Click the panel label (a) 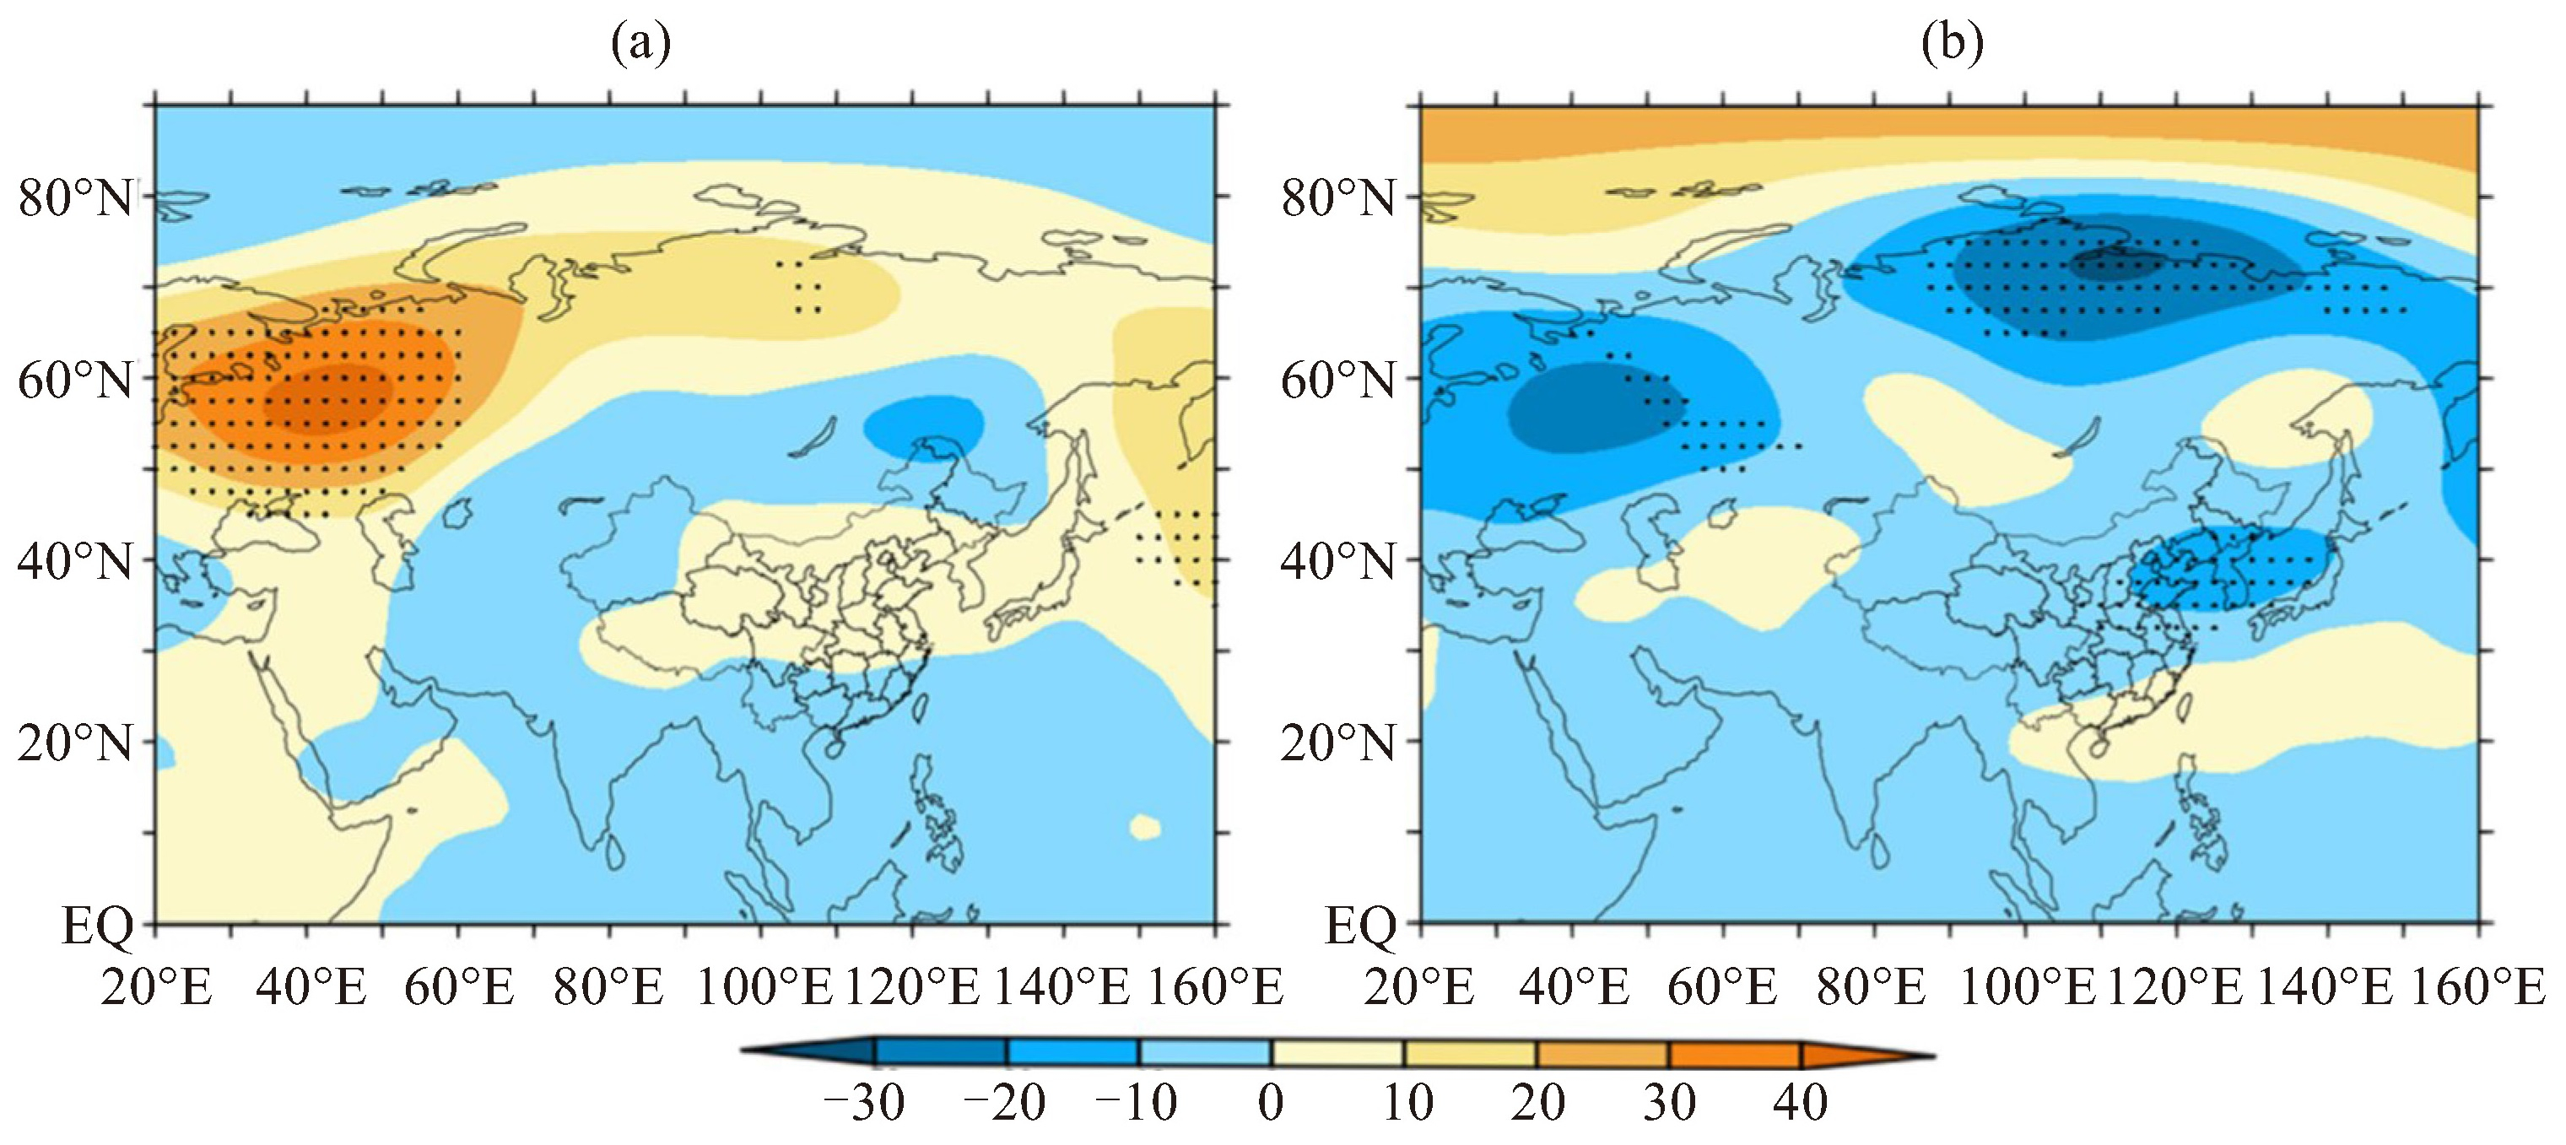[x=640, y=44]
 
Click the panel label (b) [x=1952, y=44]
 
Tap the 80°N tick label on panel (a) [x=76, y=198]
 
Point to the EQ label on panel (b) [x=1359, y=926]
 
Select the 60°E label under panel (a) [x=459, y=989]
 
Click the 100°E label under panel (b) [x=2027, y=989]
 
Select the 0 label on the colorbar [x=1271, y=1103]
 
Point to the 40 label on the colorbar [x=1801, y=1103]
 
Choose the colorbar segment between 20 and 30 [x=1602, y=1053]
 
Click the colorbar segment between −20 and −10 [x=1072, y=1053]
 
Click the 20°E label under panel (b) [x=1419, y=989]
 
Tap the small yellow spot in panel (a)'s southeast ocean [x=1146, y=826]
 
